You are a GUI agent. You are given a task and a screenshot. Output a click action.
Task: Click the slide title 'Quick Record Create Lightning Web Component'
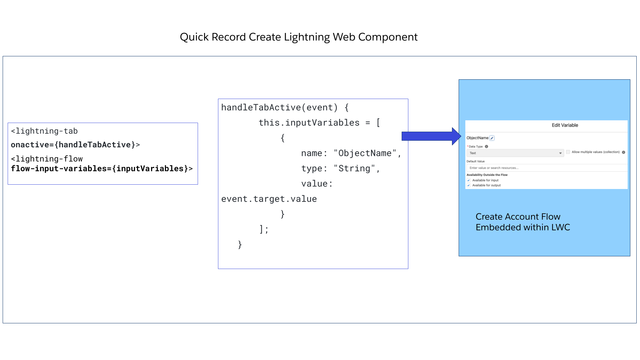pyautogui.click(x=298, y=37)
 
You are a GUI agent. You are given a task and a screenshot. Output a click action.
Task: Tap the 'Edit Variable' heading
pyautogui.click(x=565, y=125)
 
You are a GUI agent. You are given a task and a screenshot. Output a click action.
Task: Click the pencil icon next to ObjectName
pyautogui.click(x=492, y=138)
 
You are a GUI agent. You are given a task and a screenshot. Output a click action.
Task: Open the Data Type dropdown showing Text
pyautogui.click(x=515, y=153)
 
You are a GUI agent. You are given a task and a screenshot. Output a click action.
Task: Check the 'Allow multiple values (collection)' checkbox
pyautogui.click(x=568, y=152)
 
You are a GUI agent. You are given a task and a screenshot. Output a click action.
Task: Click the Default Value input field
pyautogui.click(x=547, y=168)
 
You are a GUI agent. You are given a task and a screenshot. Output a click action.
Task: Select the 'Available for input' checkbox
pyautogui.click(x=469, y=180)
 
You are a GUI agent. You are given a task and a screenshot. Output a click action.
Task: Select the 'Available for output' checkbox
pyautogui.click(x=469, y=185)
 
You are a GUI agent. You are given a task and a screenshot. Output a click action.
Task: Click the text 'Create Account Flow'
pyautogui.click(x=518, y=217)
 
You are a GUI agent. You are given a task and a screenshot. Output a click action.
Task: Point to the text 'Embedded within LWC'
pyautogui.click(x=523, y=227)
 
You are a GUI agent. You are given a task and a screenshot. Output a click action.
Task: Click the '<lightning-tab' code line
pyautogui.click(x=44, y=131)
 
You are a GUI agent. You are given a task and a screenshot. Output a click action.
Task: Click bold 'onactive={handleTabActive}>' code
pyautogui.click(x=75, y=145)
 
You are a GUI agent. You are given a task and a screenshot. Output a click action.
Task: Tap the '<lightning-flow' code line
pyautogui.click(x=47, y=159)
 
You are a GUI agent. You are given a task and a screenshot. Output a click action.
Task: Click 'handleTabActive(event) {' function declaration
pyautogui.click(x=285, y=107)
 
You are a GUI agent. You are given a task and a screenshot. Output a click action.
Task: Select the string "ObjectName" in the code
pyautogui.click(x=365, y=153)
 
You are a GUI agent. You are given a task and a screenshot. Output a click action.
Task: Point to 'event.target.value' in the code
pyautogui.click(x=269, y=199)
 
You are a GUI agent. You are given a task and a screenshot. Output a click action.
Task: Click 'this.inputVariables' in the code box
pyautogui.click(x=309, y=123)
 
